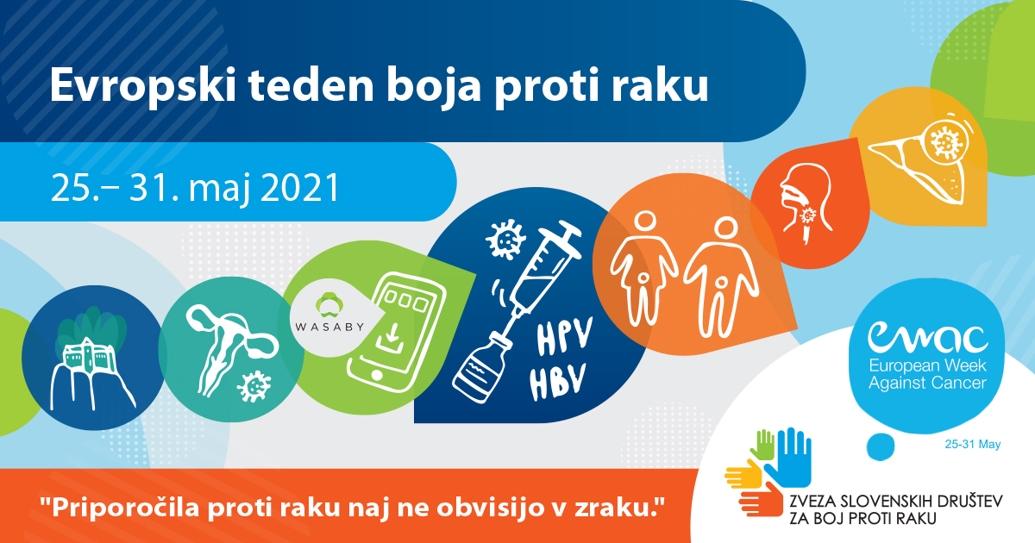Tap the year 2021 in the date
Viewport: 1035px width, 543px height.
300,188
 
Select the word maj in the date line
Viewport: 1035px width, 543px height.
219,190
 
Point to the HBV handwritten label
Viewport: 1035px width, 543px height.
558,381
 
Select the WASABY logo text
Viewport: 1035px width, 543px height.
329,327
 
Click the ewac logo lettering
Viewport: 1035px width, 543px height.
928,336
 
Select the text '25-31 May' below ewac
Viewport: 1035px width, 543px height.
973,444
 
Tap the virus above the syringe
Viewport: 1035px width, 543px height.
505,240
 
